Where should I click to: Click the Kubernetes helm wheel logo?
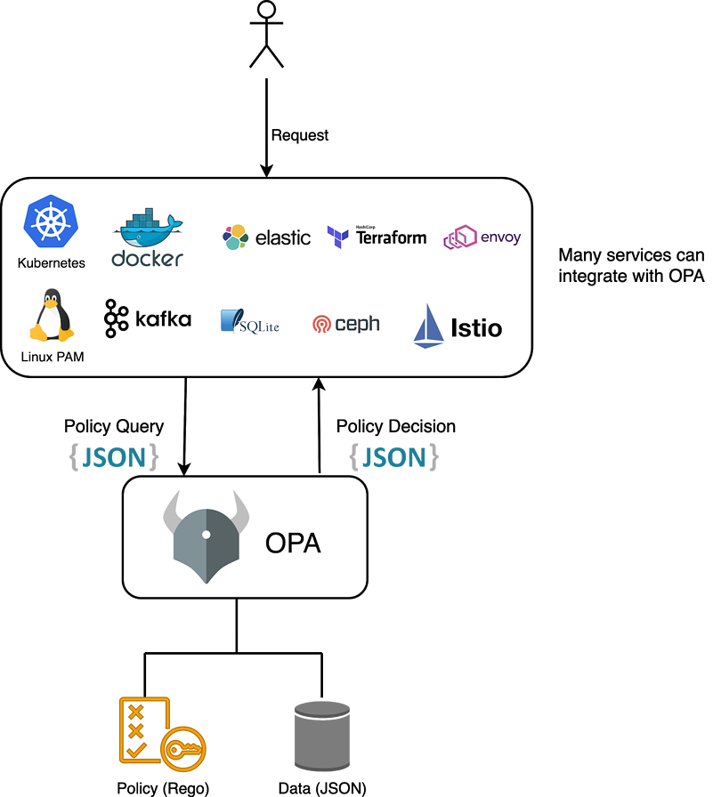(x=52, y=221)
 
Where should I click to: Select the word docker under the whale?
(x=147, y=259)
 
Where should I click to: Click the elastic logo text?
(x=282, y=237)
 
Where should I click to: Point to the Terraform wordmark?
(x=391, y=237)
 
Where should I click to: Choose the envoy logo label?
(x=500, y=237)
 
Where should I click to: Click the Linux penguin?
(x=52, y=315)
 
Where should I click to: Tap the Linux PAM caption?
(x=52, y=358)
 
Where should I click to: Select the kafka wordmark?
(x=163, y=318)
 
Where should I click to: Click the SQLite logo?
(x=250, y=322)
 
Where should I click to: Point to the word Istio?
(x=476, y=328)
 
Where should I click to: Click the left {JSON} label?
(x=114, y=456)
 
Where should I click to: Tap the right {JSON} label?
(x=393, y=456)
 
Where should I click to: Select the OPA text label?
(x=293, y=543)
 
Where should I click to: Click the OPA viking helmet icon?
(x=206, y=536)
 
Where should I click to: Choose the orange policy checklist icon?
(x=160, y=730)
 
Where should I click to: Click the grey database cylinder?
(x=322, y=736)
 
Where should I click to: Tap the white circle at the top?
(x=266, y=9)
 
